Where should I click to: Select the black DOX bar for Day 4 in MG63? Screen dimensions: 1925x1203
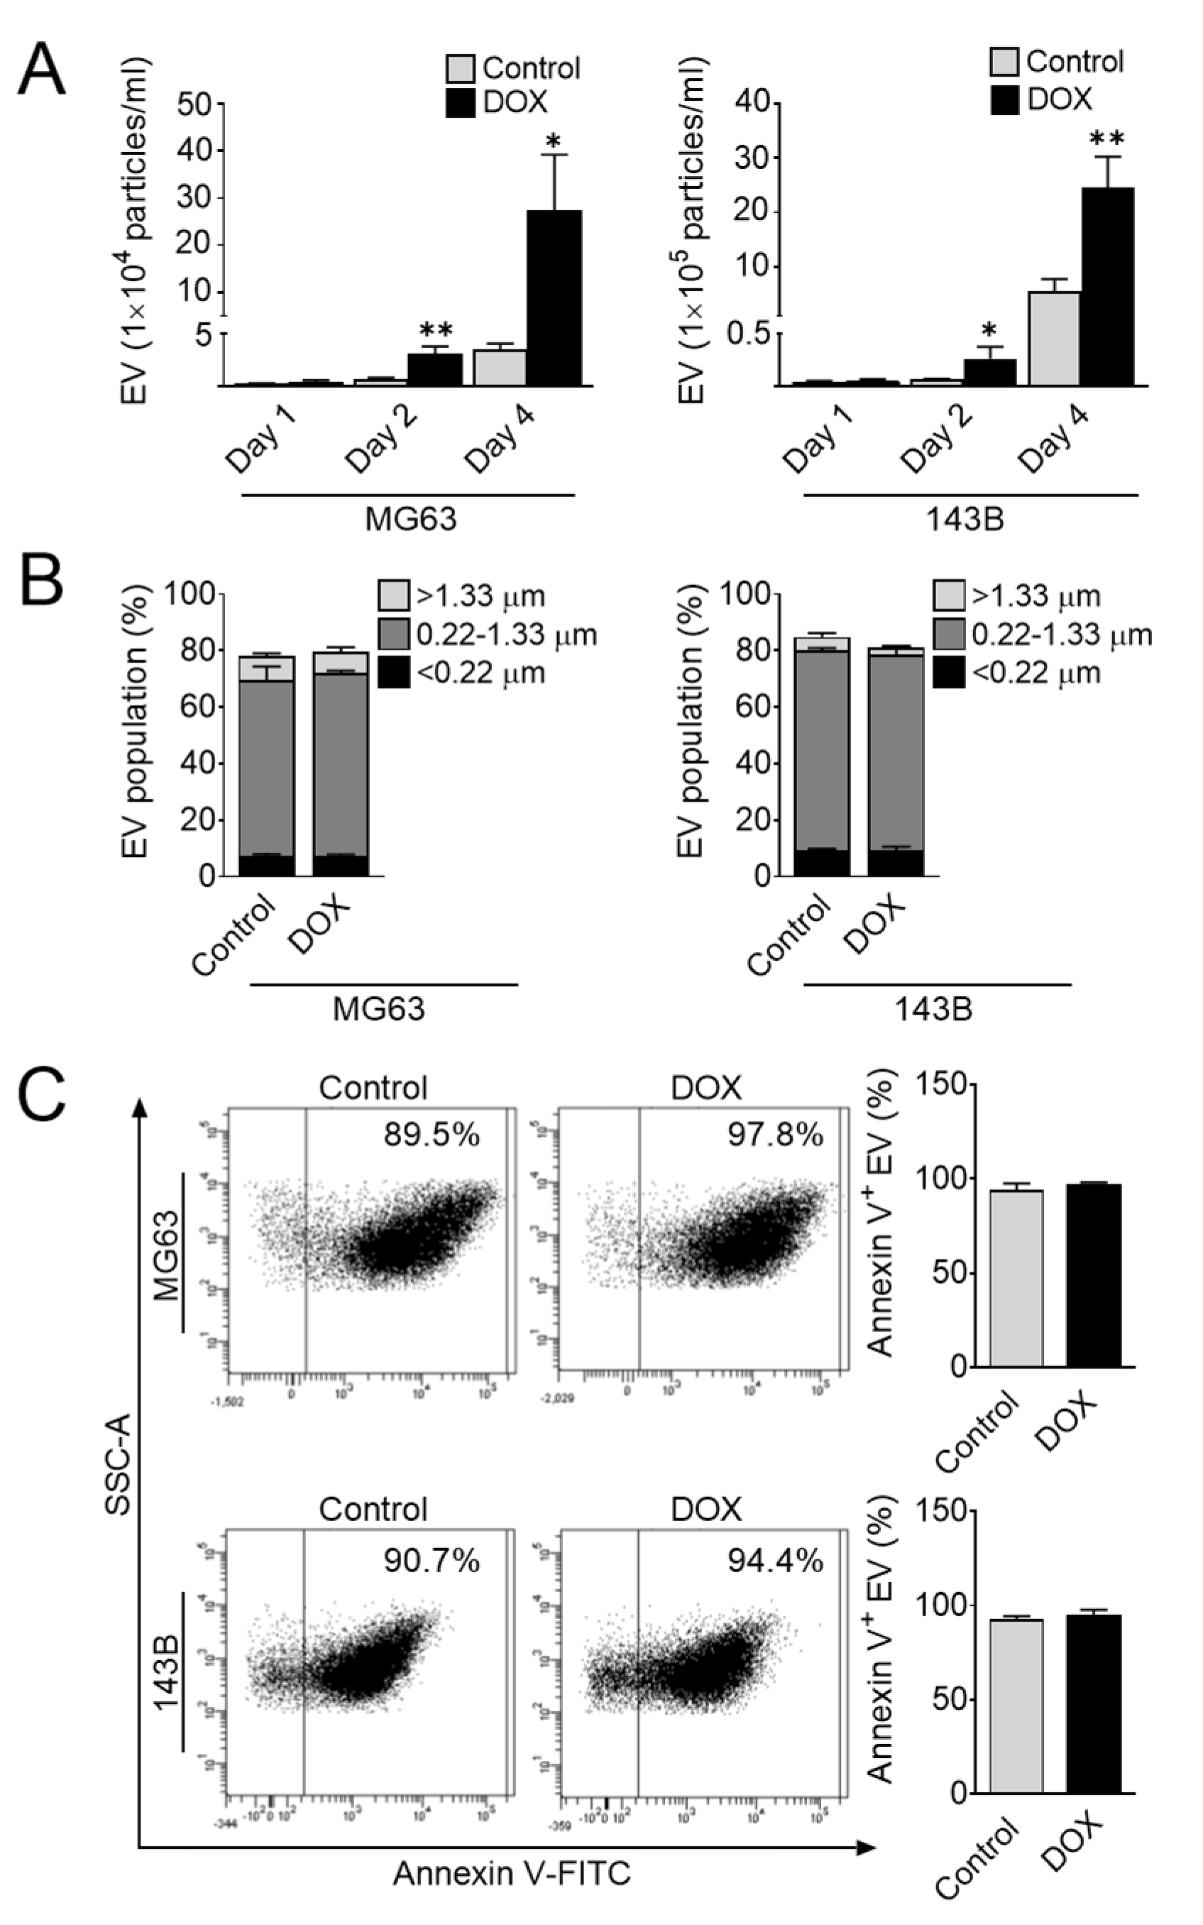pyautogui.click(x=554, y=298)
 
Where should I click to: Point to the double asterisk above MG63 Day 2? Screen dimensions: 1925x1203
pyautogui.click(x=436, y=330)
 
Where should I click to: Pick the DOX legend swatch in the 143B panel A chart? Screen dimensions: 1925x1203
pyautogui.click(x=1005, y=100)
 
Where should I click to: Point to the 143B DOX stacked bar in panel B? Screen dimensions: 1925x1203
pyautogui.click(x=896, y=764)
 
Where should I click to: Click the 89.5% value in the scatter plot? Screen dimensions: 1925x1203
pyautogui.click(x=432, y=1135)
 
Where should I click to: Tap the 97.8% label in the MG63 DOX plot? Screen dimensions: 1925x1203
pyautogui.click(x=775, y=1135)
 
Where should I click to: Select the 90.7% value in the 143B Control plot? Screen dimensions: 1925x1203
pyautogui.click(x=432, y=1561)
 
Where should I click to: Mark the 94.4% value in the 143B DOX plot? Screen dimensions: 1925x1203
pyautogui.click(x=775, y=1561)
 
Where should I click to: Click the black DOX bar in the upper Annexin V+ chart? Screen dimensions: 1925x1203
pyautogui.click(x=1093, y=1275)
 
